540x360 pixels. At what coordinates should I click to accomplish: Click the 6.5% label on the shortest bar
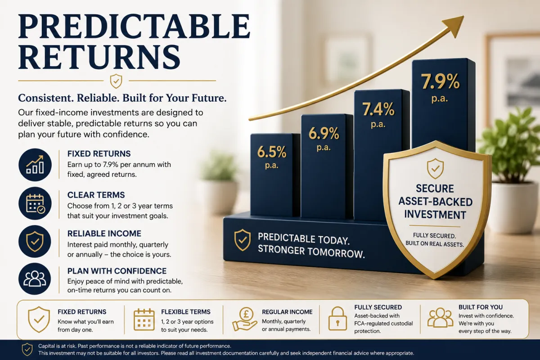(272, 152)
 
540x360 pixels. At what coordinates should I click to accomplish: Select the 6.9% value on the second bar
(324, 133)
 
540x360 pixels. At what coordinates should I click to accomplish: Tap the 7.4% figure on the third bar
(378, 109)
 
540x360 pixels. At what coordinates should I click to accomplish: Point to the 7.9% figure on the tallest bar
(440, 81)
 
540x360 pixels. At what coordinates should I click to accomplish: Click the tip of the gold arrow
(463, 16)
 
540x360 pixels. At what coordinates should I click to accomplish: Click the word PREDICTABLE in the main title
(134, 26)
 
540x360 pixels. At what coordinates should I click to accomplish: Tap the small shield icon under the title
(116, 81)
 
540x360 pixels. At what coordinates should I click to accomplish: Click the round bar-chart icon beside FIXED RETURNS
(35, 165)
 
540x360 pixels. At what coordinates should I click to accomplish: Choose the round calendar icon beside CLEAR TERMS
(35, 203)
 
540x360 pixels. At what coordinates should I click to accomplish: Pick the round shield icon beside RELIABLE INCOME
(35, 241)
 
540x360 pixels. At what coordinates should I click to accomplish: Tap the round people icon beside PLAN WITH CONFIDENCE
(35, 279)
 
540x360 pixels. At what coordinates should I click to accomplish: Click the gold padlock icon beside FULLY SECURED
(337, 319)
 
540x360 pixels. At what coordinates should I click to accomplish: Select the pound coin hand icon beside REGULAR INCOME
(245, 319)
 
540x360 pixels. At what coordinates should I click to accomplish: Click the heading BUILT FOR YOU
(481, 307)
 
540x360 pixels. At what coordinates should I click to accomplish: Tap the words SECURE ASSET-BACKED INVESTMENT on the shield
(436, 202)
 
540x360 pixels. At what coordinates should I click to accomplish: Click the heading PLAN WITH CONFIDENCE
(117, 271)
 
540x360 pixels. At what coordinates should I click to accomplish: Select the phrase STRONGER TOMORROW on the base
(311, 252)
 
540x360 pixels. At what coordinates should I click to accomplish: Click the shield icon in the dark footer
(27, 349)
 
